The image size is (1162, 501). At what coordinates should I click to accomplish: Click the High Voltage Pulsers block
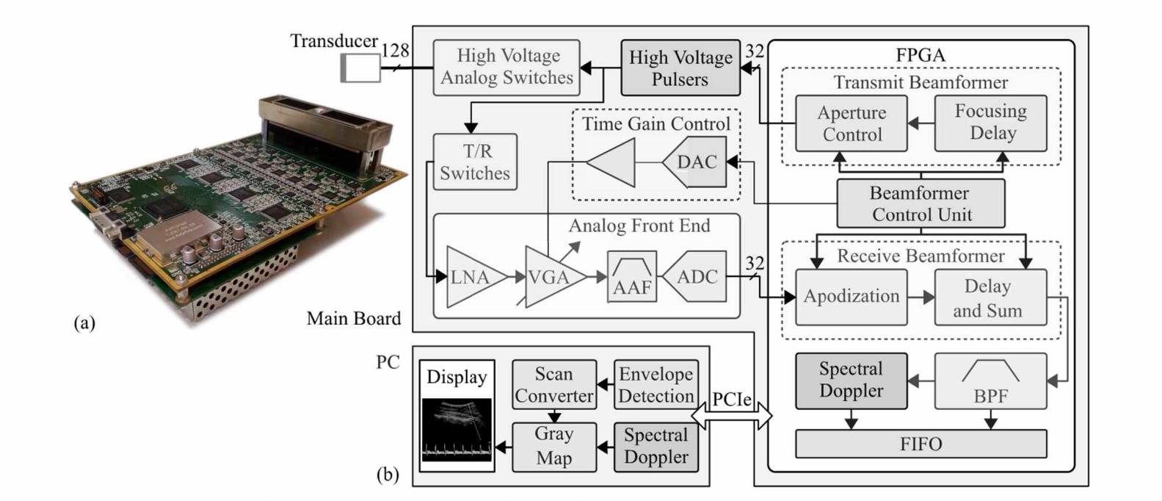(x=680, y=68)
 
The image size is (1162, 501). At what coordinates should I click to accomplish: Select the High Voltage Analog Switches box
(x=506, y=68)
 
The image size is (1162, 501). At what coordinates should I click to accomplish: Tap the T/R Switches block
(x=475, y=162)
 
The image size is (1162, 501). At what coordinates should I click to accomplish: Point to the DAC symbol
(x=695, y=162)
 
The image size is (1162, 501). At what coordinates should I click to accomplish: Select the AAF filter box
(x=631, y=276)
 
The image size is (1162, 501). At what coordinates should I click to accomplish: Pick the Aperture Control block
(x=851, y=123)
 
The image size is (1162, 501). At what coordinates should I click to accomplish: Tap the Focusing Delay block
(x=990, y=123)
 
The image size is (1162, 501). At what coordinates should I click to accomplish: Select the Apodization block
(x=851, y=297)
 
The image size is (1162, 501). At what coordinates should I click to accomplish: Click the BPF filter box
(x=990, y=381)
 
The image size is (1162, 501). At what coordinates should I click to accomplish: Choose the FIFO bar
(x=921, y=444)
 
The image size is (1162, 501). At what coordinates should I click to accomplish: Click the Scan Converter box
(x=553, y=384)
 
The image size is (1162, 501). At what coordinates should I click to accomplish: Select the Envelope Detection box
(x=656, y=384)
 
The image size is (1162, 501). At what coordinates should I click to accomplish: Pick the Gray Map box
(x=553, y=445)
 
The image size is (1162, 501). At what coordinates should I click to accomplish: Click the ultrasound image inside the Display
(x=457, y=430)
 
